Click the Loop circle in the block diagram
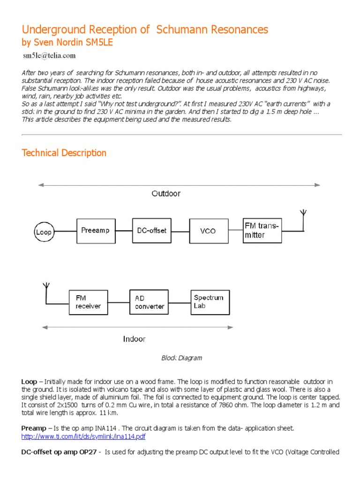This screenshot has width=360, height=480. [44, 231]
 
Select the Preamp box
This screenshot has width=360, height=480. [95, 230]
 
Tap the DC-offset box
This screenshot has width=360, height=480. [151, 230]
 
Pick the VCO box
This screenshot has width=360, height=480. [208, 231]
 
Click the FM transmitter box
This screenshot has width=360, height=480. [262, 230]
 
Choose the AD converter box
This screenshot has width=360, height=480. [149, 302]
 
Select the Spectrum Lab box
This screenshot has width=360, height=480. [210, 301]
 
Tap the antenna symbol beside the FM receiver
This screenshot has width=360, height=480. [46, 287]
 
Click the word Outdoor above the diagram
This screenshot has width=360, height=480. [165, 193]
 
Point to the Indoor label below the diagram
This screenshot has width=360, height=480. [134, 338]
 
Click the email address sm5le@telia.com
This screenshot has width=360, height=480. [49, 56]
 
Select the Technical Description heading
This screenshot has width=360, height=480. [64, 153]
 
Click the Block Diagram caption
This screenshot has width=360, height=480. [181, 358]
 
